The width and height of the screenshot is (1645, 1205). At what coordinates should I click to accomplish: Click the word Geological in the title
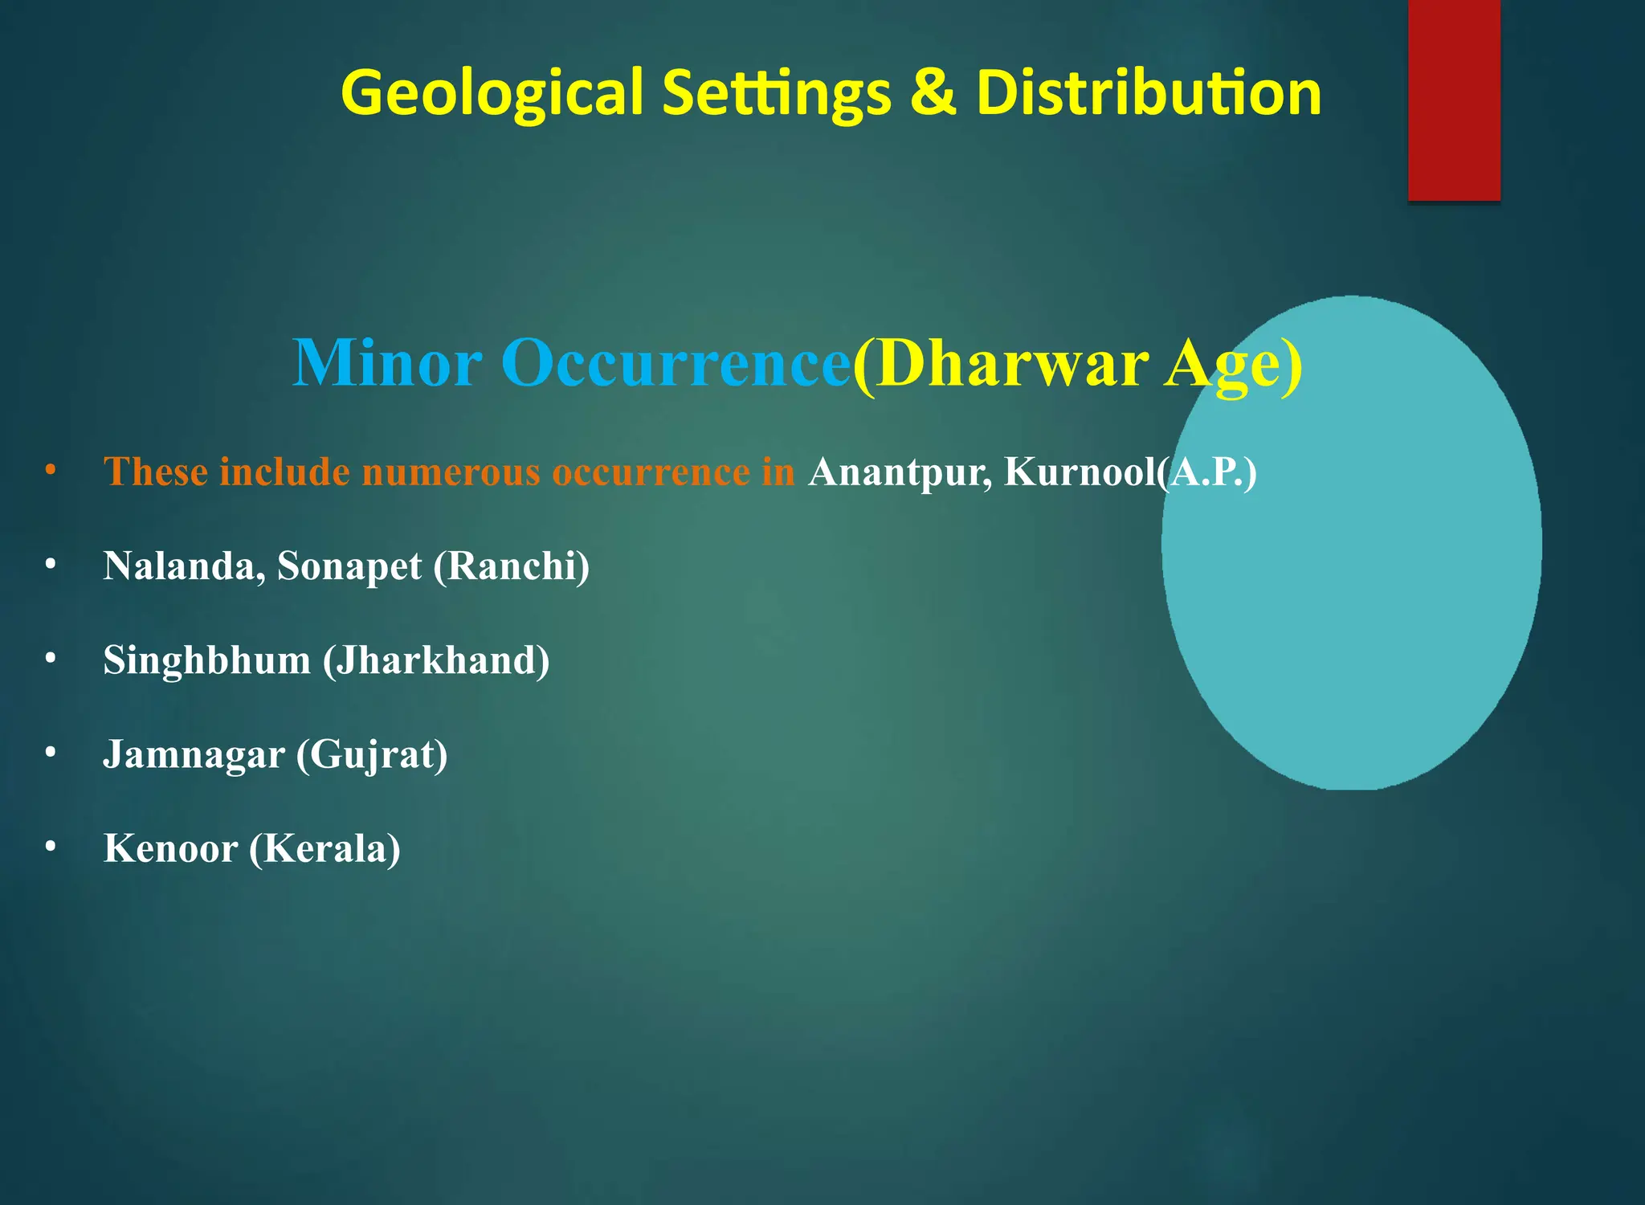click(492, 93)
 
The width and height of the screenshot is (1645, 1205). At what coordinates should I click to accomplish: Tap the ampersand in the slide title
click(933, 92)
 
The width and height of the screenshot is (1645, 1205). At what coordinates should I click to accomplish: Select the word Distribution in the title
click(1149, 92)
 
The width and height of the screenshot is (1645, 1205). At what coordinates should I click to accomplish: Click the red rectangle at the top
click(1454, 100)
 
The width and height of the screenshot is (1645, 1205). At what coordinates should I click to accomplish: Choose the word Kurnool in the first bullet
click(1080, 472)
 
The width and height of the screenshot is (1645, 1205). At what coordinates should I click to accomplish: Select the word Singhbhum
click(206, 660)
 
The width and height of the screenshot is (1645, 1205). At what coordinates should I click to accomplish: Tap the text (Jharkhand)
click(436, 660)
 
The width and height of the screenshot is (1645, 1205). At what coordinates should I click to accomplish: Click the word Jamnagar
click(194, 754)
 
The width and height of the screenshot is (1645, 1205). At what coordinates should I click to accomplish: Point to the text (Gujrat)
click(372, 755)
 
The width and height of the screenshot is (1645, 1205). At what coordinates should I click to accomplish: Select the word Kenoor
click(170, 848)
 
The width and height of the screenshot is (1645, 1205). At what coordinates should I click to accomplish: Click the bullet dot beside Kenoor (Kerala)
click(51, 846)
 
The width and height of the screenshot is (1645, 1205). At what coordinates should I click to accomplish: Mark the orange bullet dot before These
click(51, 469)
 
